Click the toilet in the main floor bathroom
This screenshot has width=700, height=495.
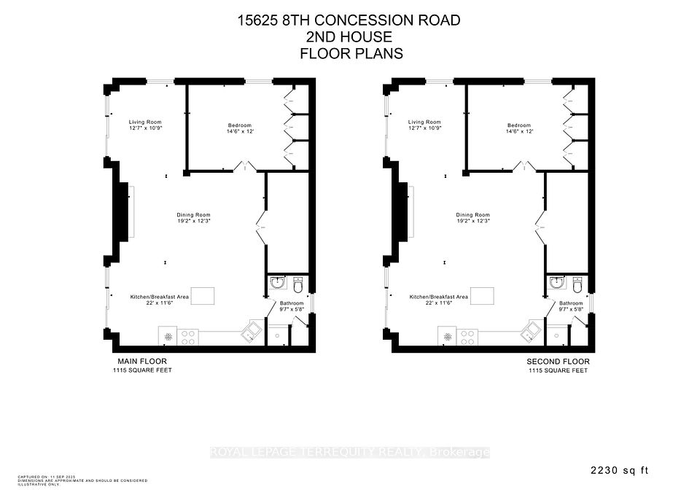coord(297,283)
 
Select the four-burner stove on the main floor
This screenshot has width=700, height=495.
coord(187,338)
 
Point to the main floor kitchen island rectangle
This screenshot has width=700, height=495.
coord(203,296)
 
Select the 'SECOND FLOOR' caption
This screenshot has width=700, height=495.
coord(558,362)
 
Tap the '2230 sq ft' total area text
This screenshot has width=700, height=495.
coord(621,471)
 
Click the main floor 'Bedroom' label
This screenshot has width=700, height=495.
coord(240,125)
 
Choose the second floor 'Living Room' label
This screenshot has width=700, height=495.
coord(424,122)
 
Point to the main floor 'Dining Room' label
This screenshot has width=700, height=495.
coord(193,215)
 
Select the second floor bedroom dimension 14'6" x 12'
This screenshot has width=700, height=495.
coord(519,131)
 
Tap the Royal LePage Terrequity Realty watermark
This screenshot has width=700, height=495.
coord(350,453)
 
